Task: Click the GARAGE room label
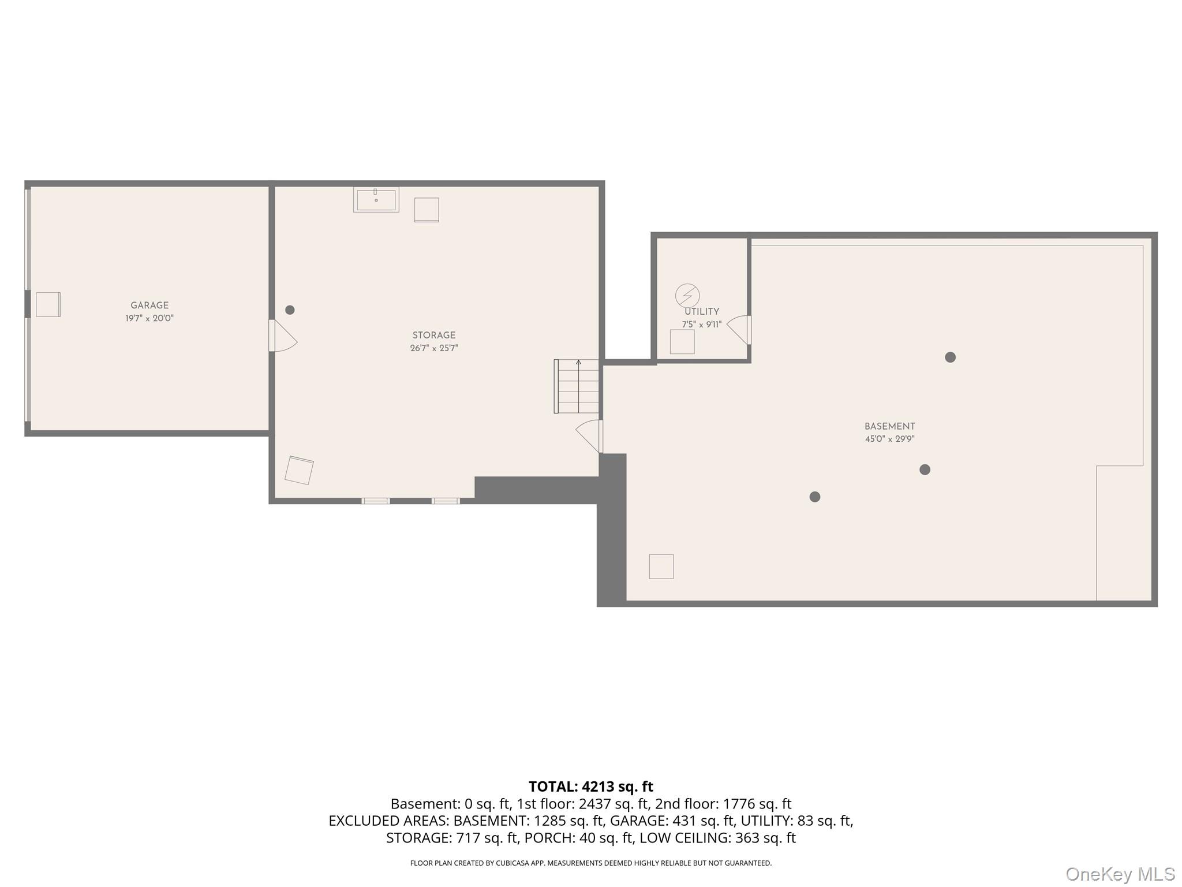click(149, 305)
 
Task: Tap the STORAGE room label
click(434, 336)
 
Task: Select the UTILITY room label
click(702, 312)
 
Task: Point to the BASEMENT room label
click(889, 427)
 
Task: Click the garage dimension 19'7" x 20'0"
click(149, 318)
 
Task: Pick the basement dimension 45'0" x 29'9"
click(889, 439)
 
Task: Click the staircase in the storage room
click(577, 386)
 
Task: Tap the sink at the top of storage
click(376, 200)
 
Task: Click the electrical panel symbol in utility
click(687, 296)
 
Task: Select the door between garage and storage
click(283, 336)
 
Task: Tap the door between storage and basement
click(589, 436)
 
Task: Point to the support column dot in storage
click(290, 310)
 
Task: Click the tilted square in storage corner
click(299, 470)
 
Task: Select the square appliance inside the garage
click(48, 304)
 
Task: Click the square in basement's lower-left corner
click(661, 567)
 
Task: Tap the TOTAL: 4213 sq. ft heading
click(591, 787)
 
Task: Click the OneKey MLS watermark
click(1120, 874)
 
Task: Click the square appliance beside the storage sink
click(427, 210)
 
